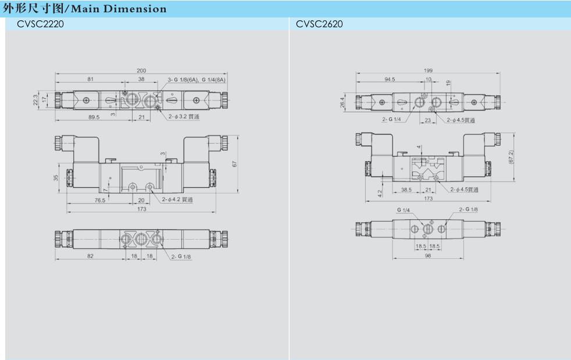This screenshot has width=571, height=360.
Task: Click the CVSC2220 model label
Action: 40,24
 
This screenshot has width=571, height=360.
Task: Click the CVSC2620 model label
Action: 319,24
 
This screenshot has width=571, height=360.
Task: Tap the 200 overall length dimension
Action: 141,71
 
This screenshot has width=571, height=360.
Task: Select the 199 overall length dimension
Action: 428,70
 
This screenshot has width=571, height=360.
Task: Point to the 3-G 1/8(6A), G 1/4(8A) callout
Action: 197,80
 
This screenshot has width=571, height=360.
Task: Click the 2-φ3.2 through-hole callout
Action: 184,116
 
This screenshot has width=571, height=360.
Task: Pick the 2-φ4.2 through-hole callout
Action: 177,199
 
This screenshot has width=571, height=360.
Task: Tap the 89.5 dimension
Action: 94,117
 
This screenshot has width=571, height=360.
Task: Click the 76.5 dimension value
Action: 100,200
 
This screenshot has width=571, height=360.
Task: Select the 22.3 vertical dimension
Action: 35,100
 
